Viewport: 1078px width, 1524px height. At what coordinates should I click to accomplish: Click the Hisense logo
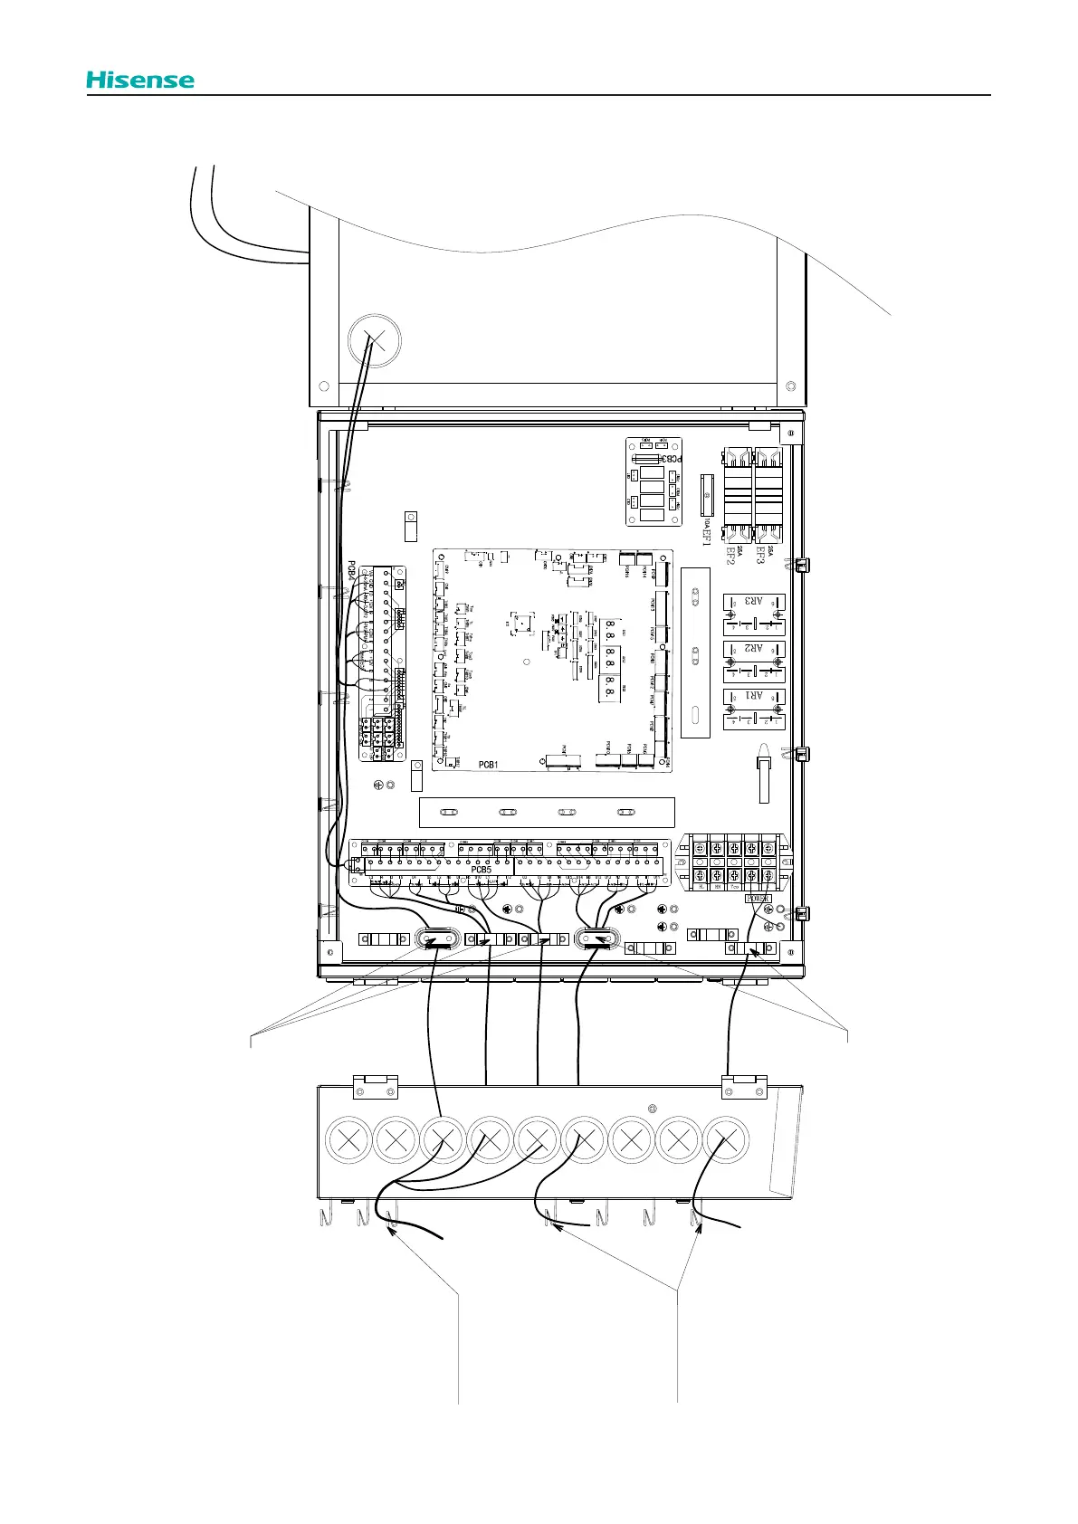(x=140, y=80)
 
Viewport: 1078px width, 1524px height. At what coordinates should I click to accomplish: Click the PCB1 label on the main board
(x=489, y=765)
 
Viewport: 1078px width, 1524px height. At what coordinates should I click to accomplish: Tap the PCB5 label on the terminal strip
(x=481, y=870)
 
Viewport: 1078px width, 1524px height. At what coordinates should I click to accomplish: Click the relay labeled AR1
(x=754, y=709)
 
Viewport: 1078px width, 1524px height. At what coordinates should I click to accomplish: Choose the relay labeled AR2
(x=754, y=661)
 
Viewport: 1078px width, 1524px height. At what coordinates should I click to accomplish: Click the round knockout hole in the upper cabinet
(x=374, y=341)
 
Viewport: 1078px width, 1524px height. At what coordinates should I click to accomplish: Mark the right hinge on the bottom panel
(x=744, y=1086)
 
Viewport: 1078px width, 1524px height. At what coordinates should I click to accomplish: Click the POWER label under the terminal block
(x=758, y=900)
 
